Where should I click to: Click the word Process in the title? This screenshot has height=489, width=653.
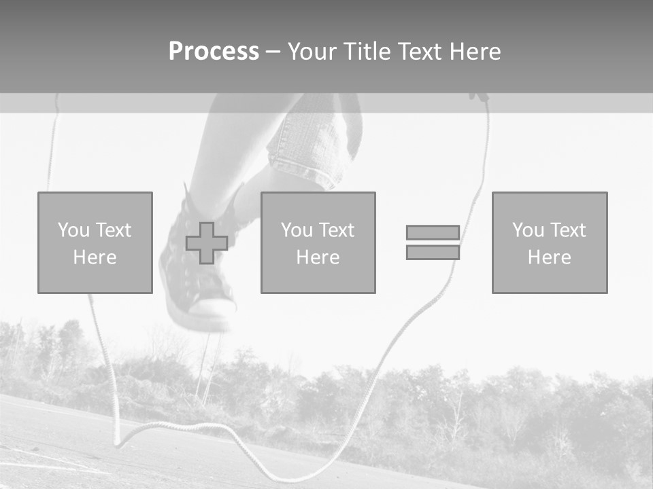point(214,52)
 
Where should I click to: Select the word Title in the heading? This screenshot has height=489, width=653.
point(368,52)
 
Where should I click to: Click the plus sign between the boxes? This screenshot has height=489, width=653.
point(207,243)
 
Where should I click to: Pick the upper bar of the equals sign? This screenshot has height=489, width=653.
point(433,232)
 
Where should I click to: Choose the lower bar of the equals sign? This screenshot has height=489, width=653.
point(433,253)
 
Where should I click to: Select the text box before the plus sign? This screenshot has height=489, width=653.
point(95,242)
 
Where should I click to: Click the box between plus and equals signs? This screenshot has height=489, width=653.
point(318,242)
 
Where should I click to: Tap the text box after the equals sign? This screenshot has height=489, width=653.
point(549,242)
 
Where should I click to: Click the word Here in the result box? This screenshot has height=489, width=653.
point(549,257)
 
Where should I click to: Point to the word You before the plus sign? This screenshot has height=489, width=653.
point(73,230)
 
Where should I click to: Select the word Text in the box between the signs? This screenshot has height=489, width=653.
point(337,230)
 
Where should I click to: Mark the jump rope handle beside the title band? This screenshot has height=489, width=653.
point(480,97)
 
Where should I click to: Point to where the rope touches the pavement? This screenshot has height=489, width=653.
point(118,443)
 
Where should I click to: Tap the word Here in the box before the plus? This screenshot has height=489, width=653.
point(95,257)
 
